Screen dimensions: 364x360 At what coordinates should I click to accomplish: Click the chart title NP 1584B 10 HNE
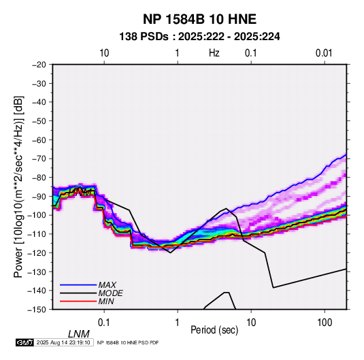click(199, 19)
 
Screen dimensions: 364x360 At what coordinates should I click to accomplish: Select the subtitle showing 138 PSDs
click(199, 37)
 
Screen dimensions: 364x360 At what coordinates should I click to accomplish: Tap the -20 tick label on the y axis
click(39, 65)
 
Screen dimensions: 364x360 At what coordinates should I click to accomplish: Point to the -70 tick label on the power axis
click(39, 159)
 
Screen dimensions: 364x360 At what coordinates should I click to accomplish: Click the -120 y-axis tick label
click(37, 252)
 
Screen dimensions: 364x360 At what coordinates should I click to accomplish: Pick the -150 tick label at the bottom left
click(37, 310)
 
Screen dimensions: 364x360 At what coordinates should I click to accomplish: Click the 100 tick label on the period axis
click(325, 323)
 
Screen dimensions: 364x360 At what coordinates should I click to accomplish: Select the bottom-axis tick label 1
click(178, 323)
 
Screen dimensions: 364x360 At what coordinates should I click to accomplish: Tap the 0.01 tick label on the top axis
click(324, 53)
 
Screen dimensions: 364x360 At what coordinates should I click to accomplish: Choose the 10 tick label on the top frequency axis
click(104, 53)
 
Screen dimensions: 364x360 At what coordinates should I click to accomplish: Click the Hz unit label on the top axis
click(214, 53)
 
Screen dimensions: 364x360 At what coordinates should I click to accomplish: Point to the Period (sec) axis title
click(214, 330)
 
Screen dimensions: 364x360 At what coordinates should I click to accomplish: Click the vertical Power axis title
click(18, 186)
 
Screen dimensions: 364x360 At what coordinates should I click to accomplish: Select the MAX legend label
click(107, 285)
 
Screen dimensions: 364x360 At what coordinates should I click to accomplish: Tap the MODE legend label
click(110, 293)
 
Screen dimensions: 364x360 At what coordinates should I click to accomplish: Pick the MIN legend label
click(106, 301)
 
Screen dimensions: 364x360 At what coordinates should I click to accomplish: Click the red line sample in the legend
click(78, 301)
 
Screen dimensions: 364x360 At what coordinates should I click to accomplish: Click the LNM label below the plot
click(78, 334)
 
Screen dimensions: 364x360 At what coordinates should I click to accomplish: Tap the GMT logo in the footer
click(25, 342)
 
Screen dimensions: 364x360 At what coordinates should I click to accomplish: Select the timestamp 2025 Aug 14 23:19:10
click(63, 342)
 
